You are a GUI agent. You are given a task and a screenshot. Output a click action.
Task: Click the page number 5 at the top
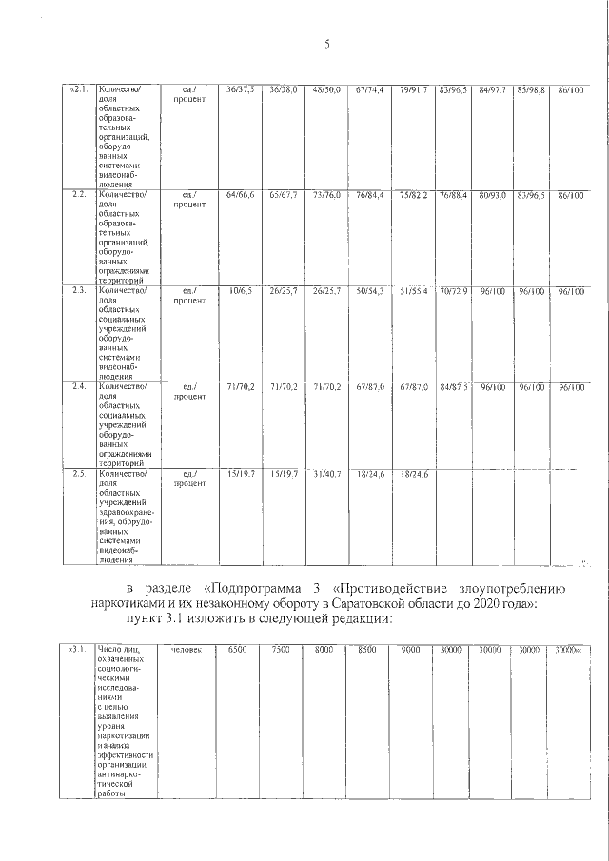coord(325,44)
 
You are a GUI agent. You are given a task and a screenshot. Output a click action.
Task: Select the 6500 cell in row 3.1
coord(237,650)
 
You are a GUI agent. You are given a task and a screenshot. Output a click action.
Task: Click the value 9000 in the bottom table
coord(410,650)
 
